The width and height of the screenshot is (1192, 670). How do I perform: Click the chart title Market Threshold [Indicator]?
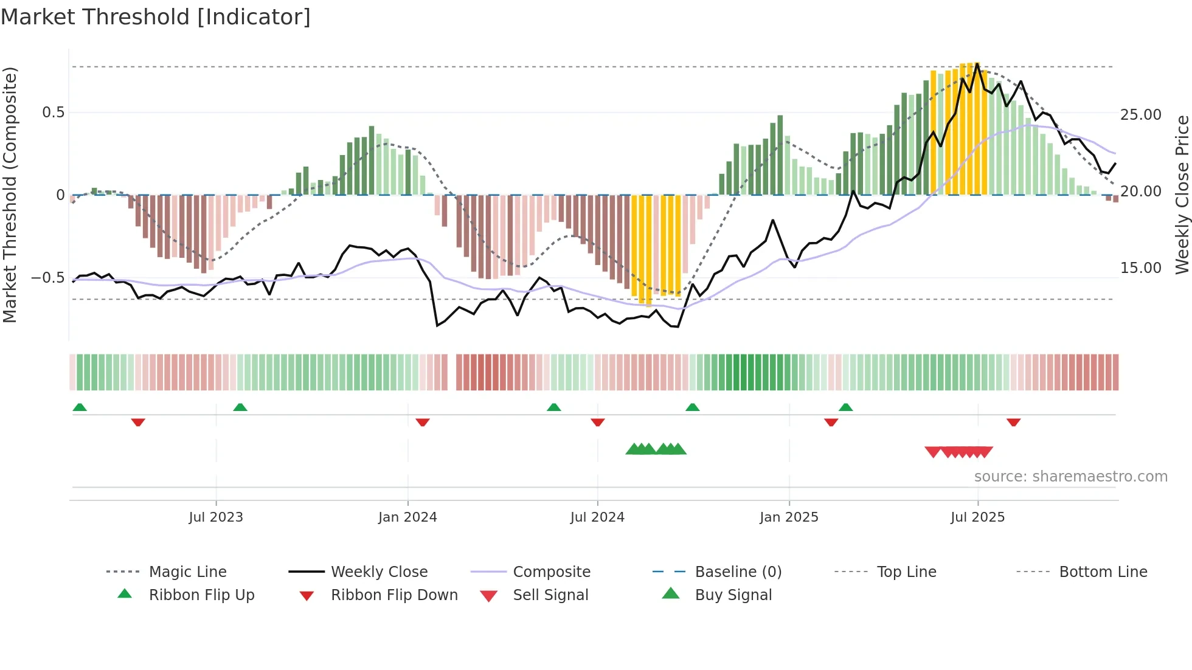click(156, 17)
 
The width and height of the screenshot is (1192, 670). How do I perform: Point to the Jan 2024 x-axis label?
click(407, 517)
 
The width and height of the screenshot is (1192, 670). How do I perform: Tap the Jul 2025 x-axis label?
click(977, 517)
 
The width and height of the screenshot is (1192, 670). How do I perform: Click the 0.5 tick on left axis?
click(53, 112)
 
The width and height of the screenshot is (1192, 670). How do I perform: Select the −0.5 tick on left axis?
click(48, 278)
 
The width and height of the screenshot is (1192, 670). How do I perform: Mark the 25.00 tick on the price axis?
click(1140, 115)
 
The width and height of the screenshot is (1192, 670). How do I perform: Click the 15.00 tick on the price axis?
click(1140, 268)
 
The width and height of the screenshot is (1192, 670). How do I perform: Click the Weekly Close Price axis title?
click(1181, 195)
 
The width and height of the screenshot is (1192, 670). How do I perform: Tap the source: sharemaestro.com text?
click(1070, 477)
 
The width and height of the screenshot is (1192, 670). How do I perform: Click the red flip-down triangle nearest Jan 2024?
click(423, 422)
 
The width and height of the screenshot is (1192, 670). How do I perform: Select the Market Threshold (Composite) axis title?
click(10, 195)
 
